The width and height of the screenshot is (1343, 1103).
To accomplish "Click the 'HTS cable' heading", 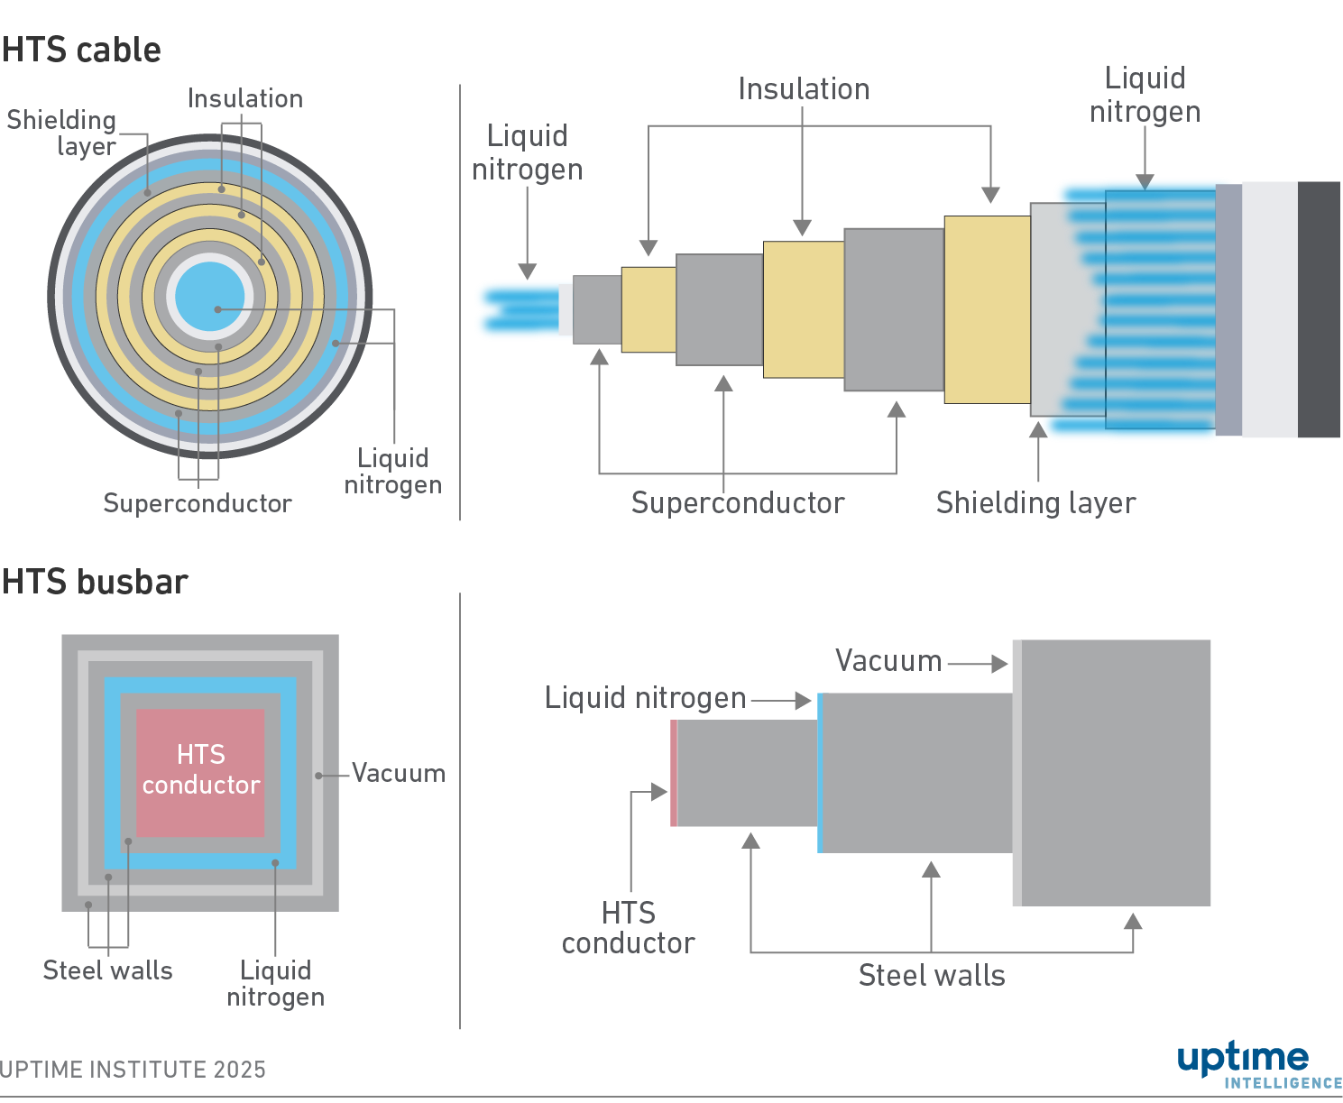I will (x=81, y=50).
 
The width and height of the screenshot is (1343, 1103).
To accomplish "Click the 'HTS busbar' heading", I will (x=95, y=582).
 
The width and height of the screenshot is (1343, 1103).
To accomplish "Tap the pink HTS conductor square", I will (x=200, y=772).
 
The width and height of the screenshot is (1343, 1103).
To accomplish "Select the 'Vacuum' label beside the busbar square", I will (x=398, y=774).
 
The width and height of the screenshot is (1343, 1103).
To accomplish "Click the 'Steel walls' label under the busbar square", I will (x=107, y=970).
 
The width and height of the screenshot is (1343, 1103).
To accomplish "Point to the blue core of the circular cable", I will (x=209, y=295).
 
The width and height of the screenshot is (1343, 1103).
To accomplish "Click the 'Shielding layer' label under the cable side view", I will (x=1035, y=502).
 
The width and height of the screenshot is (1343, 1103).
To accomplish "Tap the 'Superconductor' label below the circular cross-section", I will (x=198, y=503).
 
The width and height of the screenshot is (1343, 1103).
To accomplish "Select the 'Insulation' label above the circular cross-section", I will (x=244, y=98).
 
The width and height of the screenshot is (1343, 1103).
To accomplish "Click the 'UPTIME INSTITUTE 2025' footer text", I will (x=133, y=1070).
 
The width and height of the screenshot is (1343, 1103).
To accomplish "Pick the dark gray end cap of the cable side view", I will (x=1319, y=309).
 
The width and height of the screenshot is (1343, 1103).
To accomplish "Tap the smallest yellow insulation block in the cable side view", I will (x=649, y=309).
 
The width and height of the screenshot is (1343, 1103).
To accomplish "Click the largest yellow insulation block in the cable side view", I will (x=987, y=309).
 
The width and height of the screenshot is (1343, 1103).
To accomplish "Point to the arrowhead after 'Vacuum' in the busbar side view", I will (x=999, y=664).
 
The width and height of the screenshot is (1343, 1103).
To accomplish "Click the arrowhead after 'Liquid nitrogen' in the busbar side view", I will (x=803, y=701).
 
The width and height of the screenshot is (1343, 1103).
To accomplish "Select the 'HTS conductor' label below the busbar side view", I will (x=628, y=928).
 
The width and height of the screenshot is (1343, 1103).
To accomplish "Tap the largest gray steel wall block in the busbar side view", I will (x=1116, y=772).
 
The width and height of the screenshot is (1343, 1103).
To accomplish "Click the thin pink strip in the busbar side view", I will (x=674, y=773).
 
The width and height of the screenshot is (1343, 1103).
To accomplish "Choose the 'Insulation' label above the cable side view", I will (x=804, y=89).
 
